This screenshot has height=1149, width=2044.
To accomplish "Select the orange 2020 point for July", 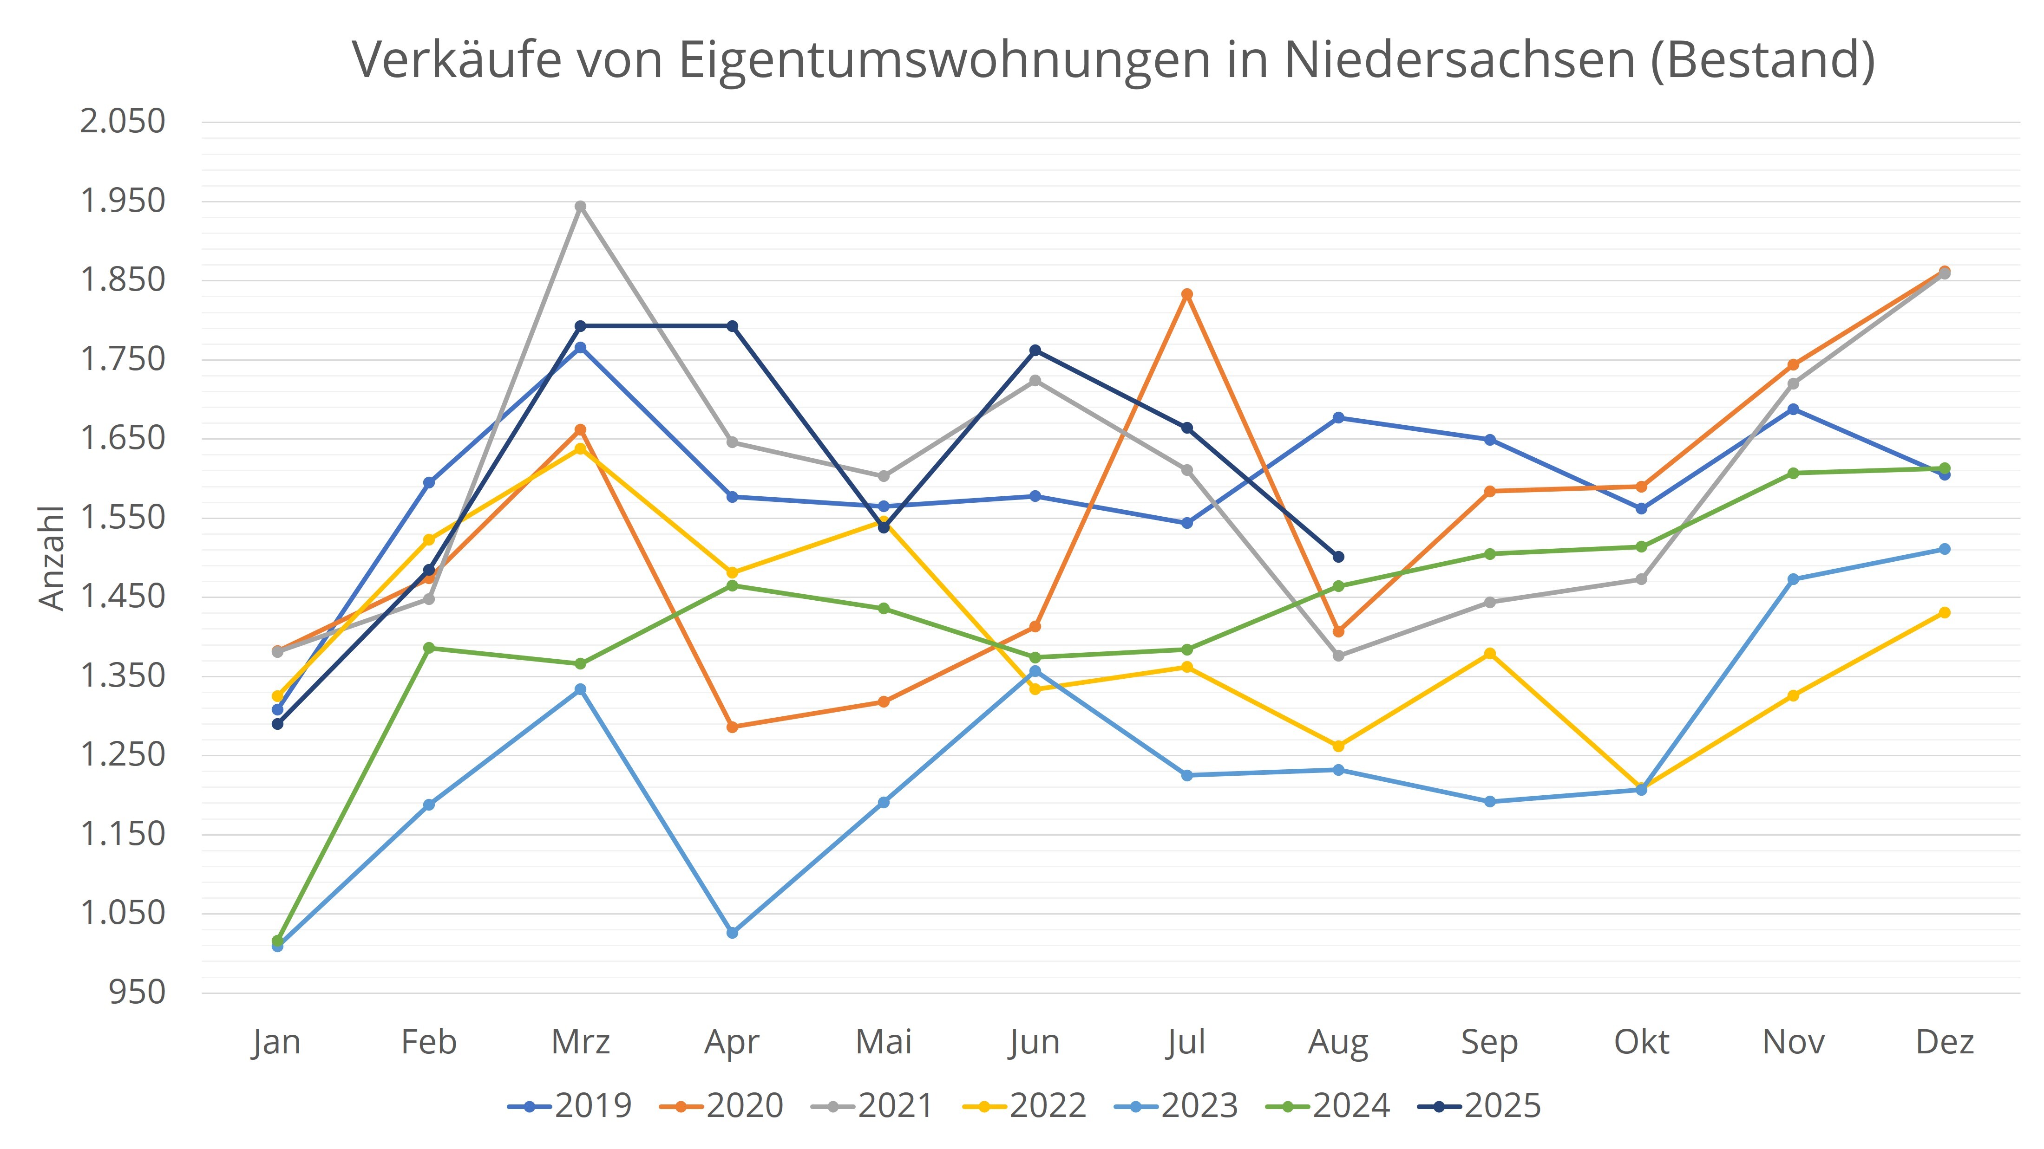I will (x=1187, y=295).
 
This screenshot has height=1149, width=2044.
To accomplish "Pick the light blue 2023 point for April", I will (x=733, y=933).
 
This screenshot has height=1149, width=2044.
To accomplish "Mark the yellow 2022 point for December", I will (x=1945, y=613).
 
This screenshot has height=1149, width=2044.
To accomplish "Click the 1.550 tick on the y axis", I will (x=123, y=518).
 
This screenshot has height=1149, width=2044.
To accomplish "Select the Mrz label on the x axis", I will (x=581, y=1042).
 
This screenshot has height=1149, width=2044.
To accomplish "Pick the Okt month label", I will (x=1642, y=1042).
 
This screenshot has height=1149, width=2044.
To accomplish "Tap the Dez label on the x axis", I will (x=1945, y=1042).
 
